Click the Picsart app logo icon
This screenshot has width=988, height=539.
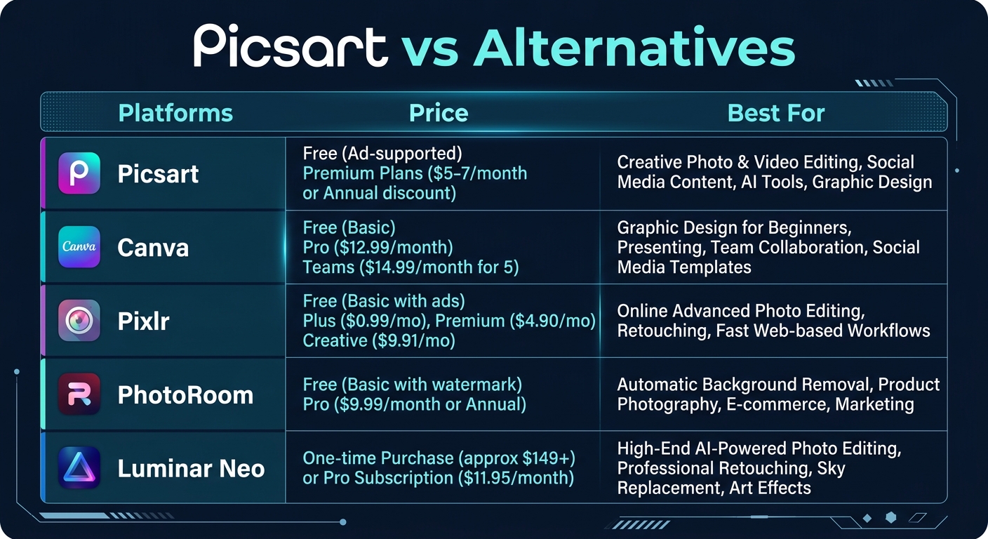(x=79, y=173)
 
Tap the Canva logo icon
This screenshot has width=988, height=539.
(x=79, y=247)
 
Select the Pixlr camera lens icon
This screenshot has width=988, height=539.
(x=79, y=321)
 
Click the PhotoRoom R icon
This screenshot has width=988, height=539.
(x=79, y=394)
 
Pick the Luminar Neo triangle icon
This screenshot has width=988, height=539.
(x=79, y=468)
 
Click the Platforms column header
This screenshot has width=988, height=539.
(x=175, y=113)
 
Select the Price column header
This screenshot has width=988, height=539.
(x=439, y=113)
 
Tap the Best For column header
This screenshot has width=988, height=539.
(x=776, y=113)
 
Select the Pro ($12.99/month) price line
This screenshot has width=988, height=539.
(x=378, y=248)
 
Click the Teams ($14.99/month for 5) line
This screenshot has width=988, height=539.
(x=410, y=267)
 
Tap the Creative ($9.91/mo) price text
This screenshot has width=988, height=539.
(x=379, y=341)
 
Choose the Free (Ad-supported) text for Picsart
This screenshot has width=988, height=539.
(x=382, y=153)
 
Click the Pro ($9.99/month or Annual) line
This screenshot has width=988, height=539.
(x=414, y=404)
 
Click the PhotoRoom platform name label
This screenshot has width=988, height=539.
(x=185, y=395)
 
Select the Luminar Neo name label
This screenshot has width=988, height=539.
(x=191, y=469)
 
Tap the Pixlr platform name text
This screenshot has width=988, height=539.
(x=144, y=321)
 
